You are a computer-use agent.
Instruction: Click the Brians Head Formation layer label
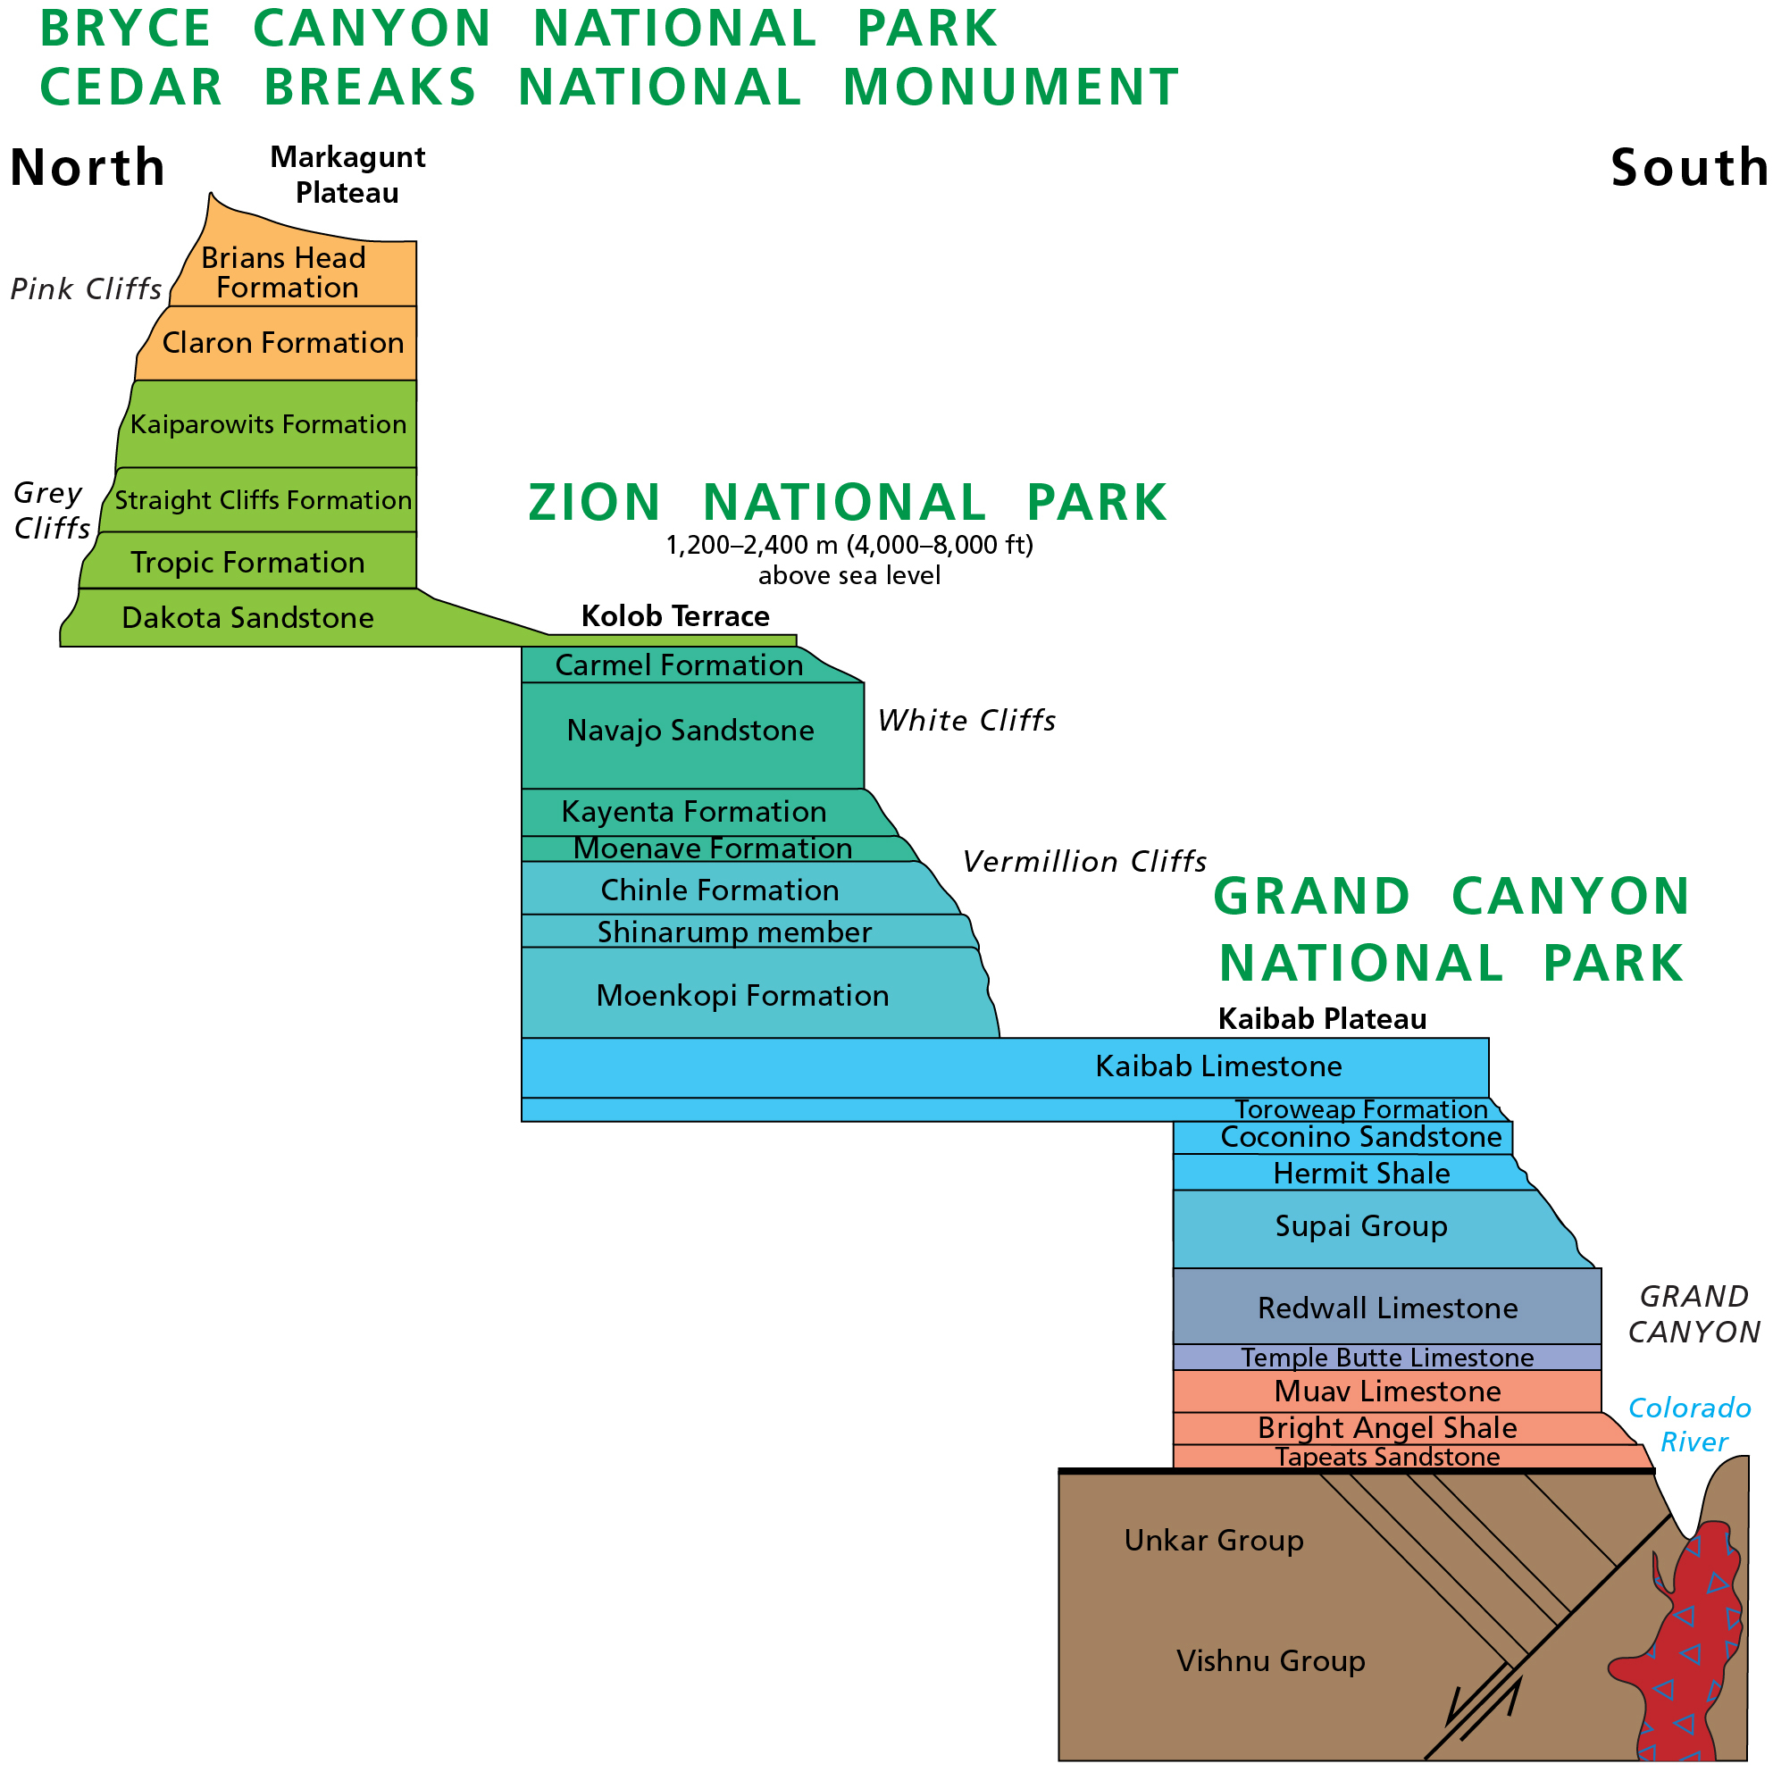click(285, 272)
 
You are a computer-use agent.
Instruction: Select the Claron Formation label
click(283, 343)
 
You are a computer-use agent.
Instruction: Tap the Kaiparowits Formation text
click(268, 424)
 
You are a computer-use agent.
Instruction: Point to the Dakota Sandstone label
click(247, 617)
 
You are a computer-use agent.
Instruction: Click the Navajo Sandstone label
click(691, 731)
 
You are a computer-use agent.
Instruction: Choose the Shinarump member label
click(734, 932)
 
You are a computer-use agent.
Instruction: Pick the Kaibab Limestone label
click(1218, 1066)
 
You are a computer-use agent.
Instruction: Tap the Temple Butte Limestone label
click(1387, 1358)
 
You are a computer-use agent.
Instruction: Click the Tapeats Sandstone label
click(1387, 1457)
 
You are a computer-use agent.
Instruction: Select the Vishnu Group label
click(1271, 1661)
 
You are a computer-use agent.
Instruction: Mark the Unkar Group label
click(1214, 1540)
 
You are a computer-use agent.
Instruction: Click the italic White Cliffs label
click(967, 721)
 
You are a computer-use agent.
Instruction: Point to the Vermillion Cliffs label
click(1084, 862)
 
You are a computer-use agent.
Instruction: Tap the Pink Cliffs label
click(87, 289)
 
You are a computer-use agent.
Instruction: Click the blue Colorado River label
click(1690, 1425)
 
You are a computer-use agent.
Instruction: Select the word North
click(88, 167)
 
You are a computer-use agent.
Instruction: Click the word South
click(1691, 168)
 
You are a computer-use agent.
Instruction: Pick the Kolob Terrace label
click(675, 615)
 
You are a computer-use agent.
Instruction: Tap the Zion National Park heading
click(848, 502)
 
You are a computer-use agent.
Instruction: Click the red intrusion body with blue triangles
click(1694, 1651)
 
